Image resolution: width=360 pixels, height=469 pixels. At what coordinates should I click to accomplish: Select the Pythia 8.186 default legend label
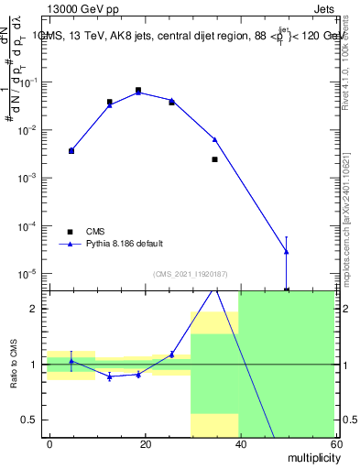point(125,244)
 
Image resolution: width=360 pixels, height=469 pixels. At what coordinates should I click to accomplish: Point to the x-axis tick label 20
point(145,443)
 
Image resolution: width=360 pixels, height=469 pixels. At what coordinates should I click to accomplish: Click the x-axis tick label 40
point(239,443)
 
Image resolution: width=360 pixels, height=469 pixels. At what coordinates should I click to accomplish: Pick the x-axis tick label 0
point(50,443)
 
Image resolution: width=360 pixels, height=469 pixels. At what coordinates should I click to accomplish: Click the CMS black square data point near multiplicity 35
point(214,159)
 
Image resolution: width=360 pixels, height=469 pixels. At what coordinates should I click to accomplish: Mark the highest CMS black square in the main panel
point(138,91)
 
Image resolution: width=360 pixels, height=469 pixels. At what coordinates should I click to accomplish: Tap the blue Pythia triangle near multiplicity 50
point(287,251)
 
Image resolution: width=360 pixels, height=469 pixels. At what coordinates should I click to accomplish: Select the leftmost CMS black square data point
point(71,150)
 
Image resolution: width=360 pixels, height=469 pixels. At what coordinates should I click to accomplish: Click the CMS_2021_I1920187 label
point(190,273)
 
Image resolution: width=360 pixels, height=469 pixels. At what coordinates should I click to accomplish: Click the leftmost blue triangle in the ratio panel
point(71,362)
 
